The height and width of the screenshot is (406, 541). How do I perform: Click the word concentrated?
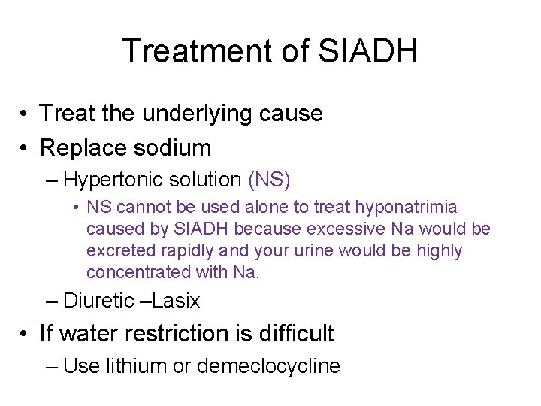pyautogui.click(x=132, y=271)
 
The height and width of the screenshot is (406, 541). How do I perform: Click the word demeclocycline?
pyautogui.click(x=268, y=366)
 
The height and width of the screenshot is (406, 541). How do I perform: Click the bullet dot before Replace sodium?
pyautogui.click(x=26, y=147)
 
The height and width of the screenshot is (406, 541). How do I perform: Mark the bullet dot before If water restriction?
pyautogui.click(x=26, y=334)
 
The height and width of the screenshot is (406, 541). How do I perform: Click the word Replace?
pyautogui.click(x=83, y=147)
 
